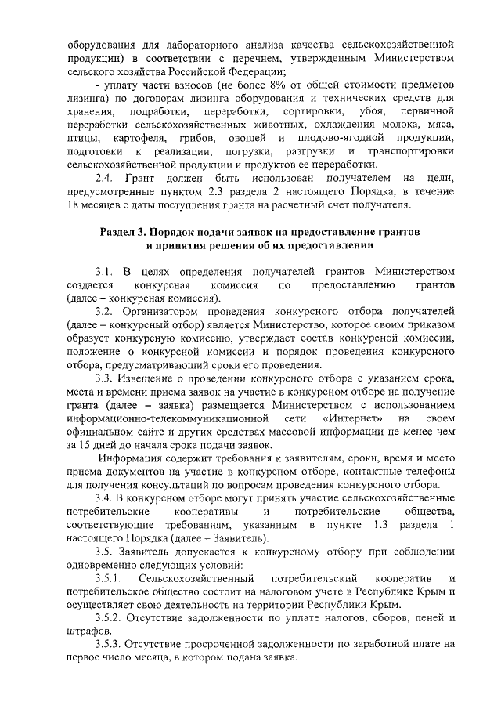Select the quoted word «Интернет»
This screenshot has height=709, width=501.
tap(348, 421)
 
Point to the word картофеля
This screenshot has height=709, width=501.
tap(139, 138)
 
